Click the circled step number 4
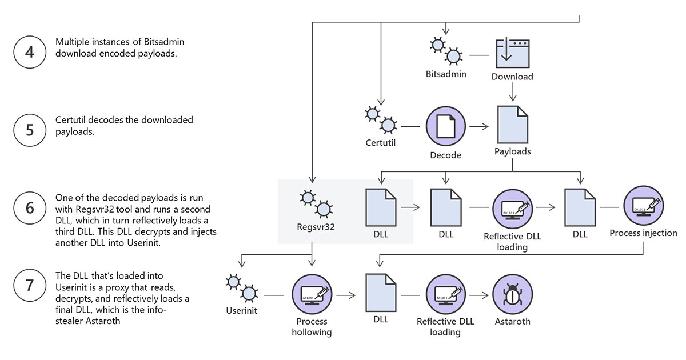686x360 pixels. (x=30, y=52)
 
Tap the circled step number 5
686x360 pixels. (x=30, y=130)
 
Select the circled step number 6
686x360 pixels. (x=30, y=208)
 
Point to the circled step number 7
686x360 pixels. (x=30, y=285)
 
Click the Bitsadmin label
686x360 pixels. (x=446, y=74)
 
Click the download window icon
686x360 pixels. (x=513, y=54)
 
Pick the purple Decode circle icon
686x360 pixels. (x=445, y=126)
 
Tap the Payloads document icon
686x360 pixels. (x=513, y=125)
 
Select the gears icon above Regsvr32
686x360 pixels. (x=316, y=204)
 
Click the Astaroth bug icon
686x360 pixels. (x=513, y=294)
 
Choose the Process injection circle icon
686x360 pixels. (x=644, y=206)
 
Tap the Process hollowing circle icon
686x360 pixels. (x=312, y=294)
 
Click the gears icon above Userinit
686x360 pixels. (x=242, y=288)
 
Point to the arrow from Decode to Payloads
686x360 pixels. (x=479, y=126)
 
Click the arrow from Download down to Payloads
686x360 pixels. (x=513, y=92)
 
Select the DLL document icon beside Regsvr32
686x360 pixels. (x=381, y=207)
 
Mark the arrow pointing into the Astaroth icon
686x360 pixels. (x=479, y=295)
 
